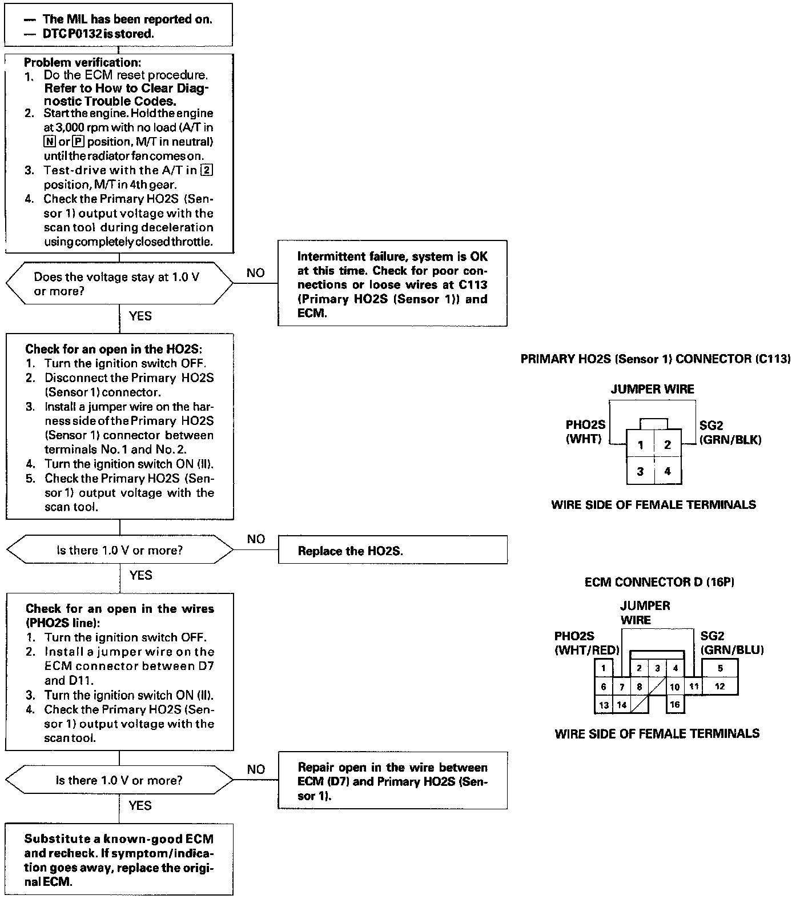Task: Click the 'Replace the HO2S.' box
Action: [x=392, y=550]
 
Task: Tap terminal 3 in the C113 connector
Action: [x=641, y=471]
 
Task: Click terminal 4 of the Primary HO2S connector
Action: [x=668, y=471]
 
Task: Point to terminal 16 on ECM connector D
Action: [x=675, y=704]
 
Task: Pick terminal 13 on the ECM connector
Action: [x=604, y=705]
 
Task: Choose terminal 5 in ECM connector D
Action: [x=720, y=668]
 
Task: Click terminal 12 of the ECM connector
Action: [x=719, y=686]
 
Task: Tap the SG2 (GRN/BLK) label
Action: [x=730, y=432]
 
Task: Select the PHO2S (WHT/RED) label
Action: [x=587, y=643]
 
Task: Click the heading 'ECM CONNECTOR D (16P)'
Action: [x=660, y=582]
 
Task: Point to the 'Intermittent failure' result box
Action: [x=392, y=284]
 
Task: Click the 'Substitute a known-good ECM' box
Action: [x=119, y=860]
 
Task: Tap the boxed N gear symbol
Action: [x=49, y=141]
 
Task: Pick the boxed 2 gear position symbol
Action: [x=208, y=170]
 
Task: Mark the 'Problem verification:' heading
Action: [x=82, y=62]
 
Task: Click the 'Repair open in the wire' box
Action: [x=392, y=780]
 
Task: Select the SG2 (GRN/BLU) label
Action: [x=731, y=643]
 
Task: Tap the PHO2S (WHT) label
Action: [x=585, y=432]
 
